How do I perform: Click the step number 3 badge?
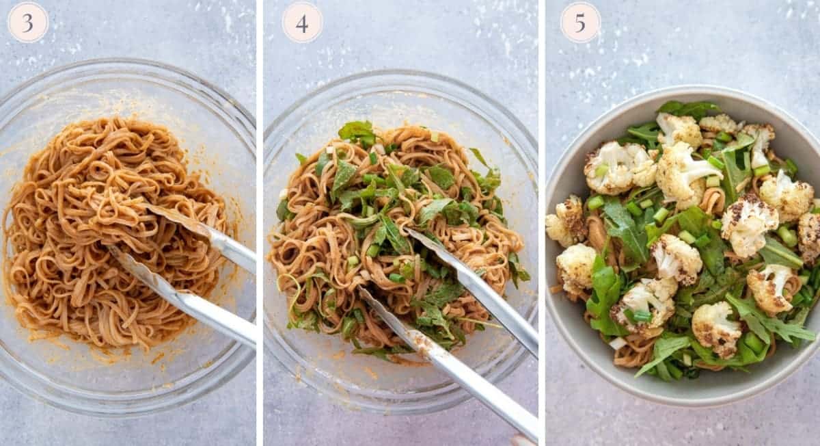pos(27,23)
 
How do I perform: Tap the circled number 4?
pos(302,23)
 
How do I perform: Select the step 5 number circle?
pos(580,23)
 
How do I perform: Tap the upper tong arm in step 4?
pos(478,287)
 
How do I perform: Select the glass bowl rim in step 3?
pos(130,64)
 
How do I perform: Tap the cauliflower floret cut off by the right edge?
pos(810,236)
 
